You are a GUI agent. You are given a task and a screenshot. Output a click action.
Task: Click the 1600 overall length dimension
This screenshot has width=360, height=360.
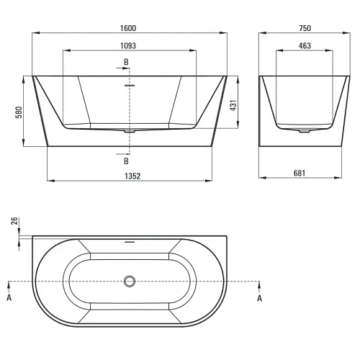pos(128,28)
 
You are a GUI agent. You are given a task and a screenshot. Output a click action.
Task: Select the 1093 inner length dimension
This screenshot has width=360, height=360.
pos(128,45)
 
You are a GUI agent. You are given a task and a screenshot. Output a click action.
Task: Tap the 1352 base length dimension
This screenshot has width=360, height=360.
pos(132,176)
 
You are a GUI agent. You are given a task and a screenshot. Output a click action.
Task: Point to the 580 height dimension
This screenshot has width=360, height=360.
pos(19,112)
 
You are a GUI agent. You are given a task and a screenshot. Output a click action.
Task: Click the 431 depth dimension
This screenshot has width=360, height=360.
pos(233,105)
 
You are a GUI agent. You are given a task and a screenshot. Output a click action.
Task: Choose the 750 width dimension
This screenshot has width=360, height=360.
pos(305,28)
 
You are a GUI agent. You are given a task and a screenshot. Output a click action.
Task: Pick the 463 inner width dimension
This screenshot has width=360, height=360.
pos(305,45)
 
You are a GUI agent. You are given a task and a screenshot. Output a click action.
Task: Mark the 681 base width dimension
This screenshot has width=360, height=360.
pos(300,173)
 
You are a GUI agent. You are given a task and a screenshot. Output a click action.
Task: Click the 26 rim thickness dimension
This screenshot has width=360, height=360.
pos(14,221)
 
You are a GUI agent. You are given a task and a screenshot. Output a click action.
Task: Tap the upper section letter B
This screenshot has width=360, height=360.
pos(126,62)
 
